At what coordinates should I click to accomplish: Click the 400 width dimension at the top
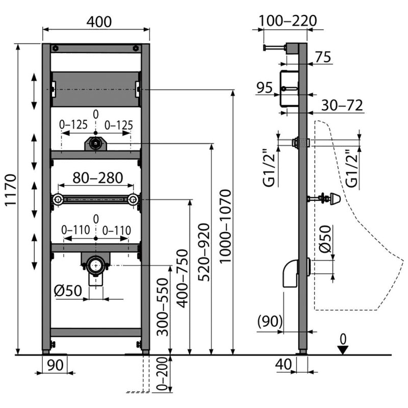(x=99, y=21)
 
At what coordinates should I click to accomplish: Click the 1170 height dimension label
(x=11, y=190)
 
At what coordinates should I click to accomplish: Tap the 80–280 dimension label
(x=97, y=178)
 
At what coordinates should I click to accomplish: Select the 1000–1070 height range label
(x=225, y=226)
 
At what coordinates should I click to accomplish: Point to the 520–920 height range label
(x=204, y=252)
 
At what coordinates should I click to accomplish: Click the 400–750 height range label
(x=182, y=278)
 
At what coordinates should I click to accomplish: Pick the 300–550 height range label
(x=163, y=307)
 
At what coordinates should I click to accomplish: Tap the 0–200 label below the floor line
(x=162, y=374)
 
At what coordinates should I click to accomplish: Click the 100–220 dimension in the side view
(x=288, y=21)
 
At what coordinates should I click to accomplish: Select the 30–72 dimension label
(x=342, y=106)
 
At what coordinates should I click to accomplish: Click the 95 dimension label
(x=264, y=88)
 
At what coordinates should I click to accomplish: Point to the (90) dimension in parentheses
(x=270, y=321)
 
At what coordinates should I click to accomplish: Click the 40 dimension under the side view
(x=284, y=364)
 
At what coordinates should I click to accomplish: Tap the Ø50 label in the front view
(x=68, y=290)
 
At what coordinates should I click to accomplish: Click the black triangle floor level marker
(x=343, y=350)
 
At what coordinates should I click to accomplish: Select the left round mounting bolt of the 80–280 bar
(x=58, y=199)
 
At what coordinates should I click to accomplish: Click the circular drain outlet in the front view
(x=96, y=266)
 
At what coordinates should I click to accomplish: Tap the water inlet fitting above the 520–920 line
(x=95, y=143)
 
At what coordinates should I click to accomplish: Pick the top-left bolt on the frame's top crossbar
(x=56, y=48)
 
